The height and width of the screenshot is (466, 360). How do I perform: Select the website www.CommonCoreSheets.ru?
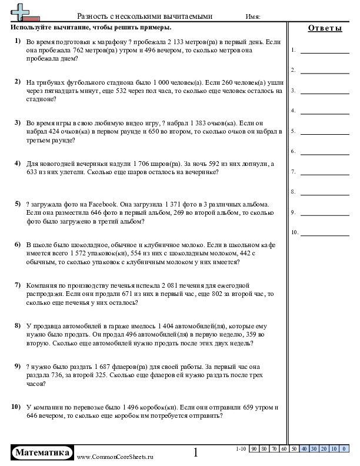pos(115,457)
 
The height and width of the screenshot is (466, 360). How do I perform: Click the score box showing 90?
pos(254,449)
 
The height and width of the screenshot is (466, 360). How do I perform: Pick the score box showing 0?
pos(343,449)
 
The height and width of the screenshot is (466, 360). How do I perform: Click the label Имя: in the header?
pos(253,17)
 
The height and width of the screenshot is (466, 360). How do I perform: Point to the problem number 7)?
pos(18,285)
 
